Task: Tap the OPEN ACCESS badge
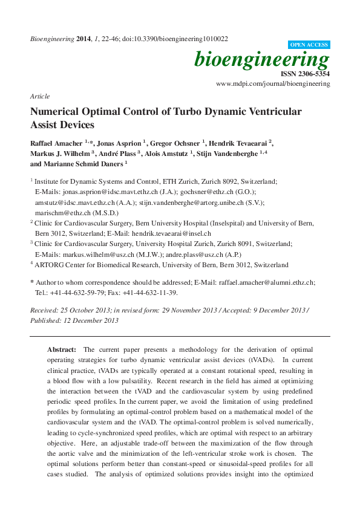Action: (310, 45)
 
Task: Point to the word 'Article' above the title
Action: (39, 97)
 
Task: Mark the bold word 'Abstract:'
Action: (62, 350)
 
